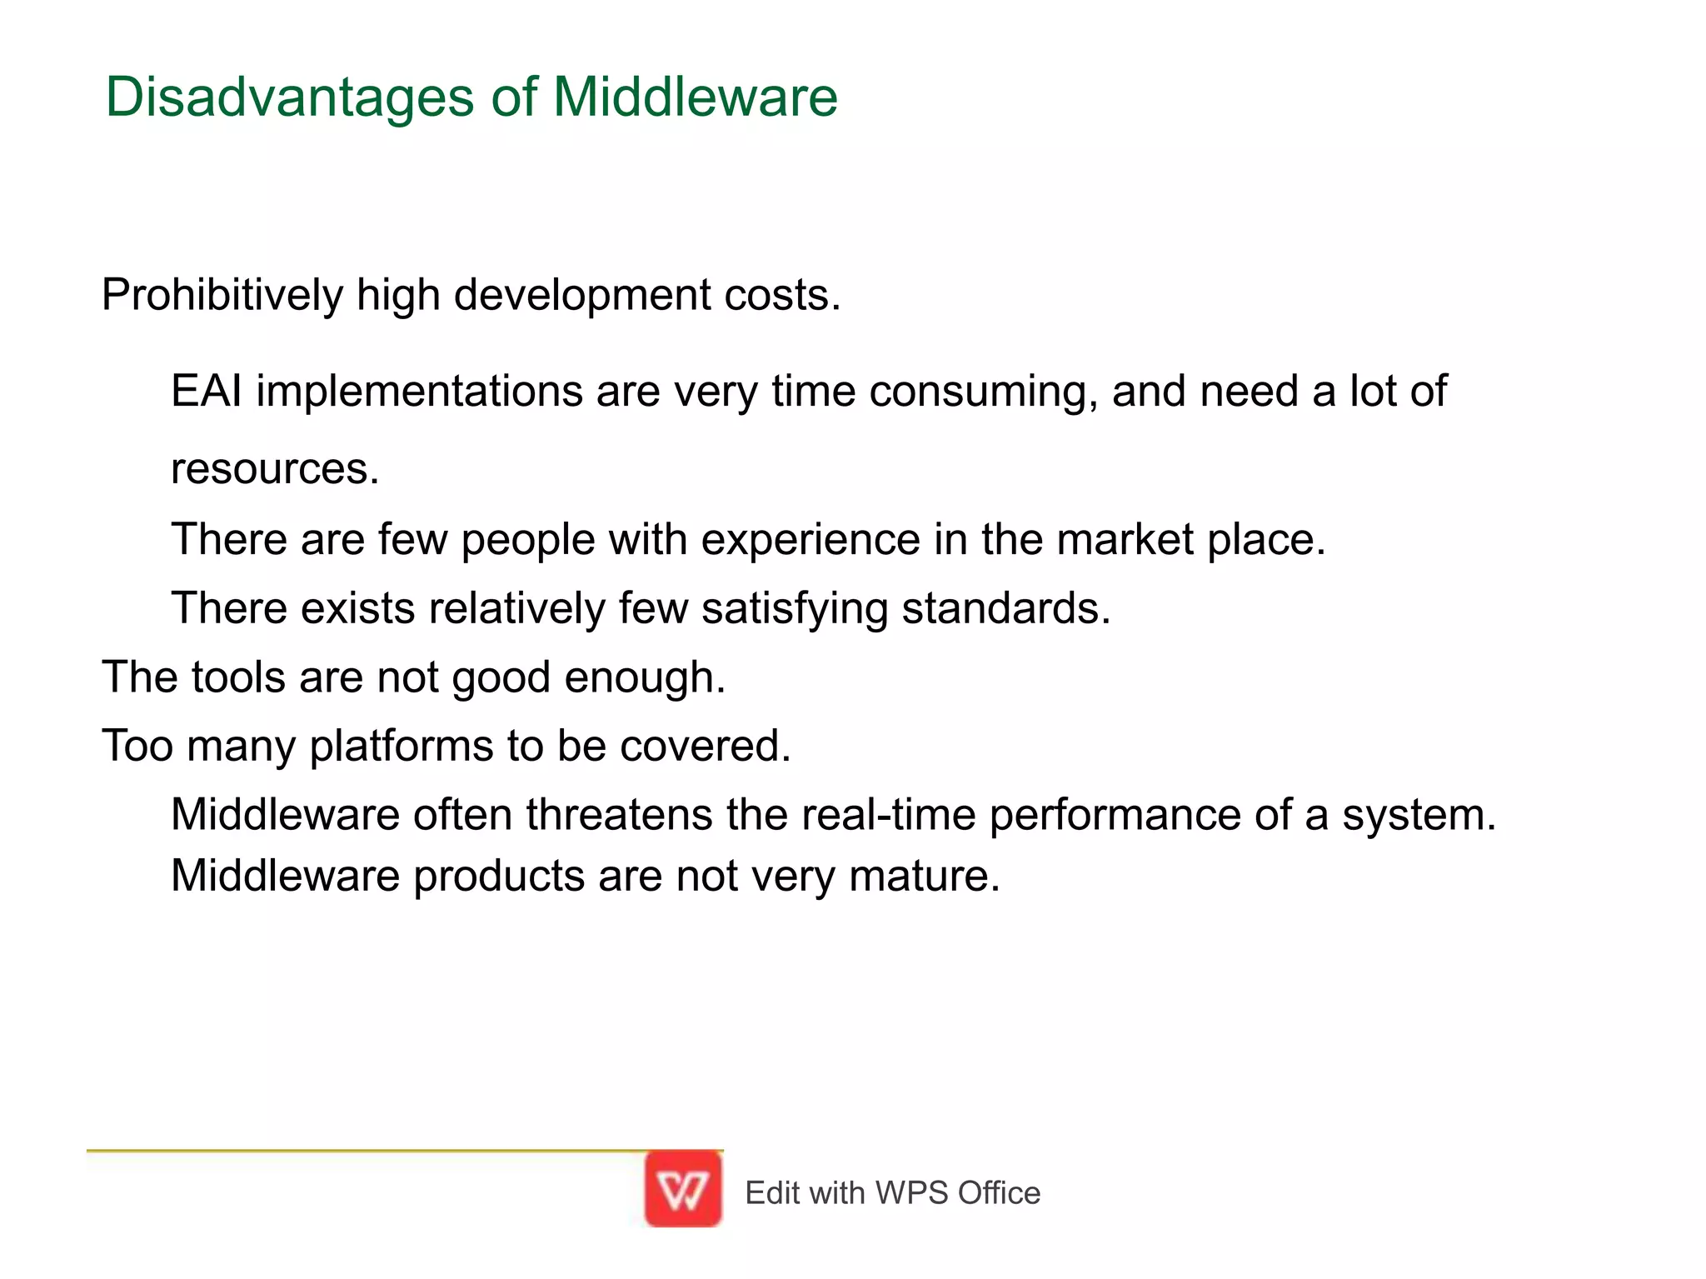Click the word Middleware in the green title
coord(695,97)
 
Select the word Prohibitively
coord(222,295)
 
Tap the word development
coord(582,295)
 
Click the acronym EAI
coord(207,391)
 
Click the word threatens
coord(619,814)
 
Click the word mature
coord(924,877)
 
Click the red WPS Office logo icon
coord(683,1189)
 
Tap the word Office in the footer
coord(999,1193)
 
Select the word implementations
coord(419,392)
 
